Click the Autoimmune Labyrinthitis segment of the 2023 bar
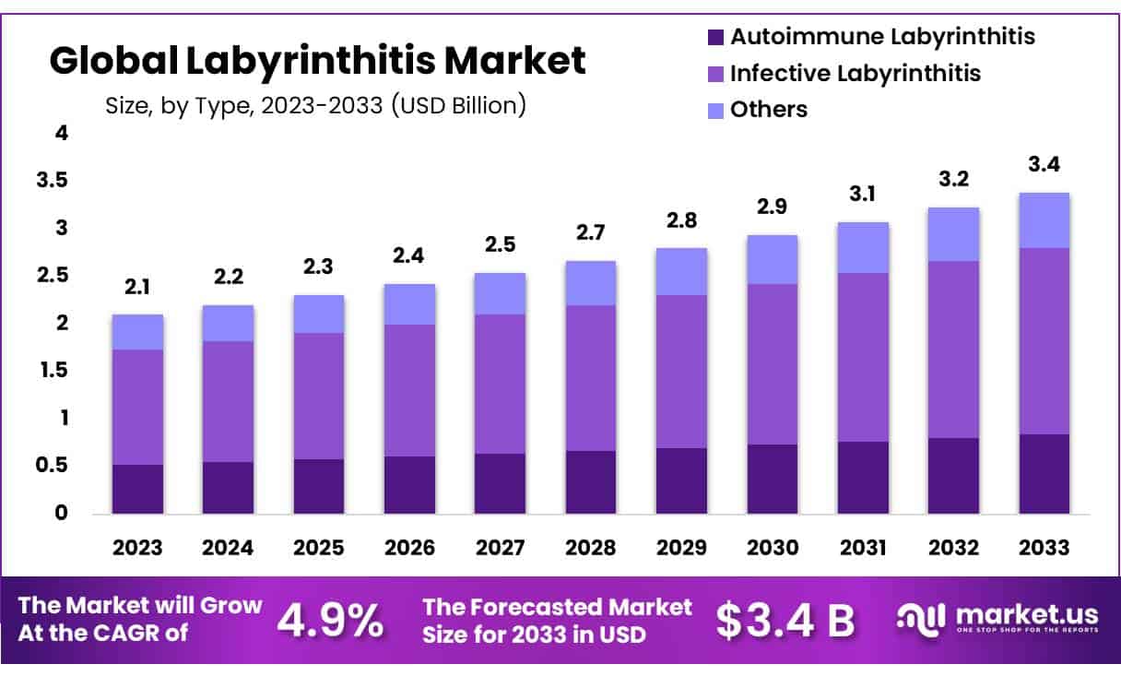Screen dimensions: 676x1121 137,489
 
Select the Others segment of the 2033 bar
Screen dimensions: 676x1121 1044,220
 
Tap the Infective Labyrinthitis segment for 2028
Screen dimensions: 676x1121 591,378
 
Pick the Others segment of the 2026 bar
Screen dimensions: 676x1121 409,304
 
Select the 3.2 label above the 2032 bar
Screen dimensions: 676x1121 953,179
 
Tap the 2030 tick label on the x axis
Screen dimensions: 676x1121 773,548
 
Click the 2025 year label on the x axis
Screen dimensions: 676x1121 319,548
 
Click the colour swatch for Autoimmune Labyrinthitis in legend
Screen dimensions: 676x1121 715,38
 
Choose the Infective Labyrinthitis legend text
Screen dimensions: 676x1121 855,73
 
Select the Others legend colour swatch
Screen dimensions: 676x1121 715,110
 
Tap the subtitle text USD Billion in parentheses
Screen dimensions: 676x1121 458,105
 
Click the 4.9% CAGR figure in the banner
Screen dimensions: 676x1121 330,621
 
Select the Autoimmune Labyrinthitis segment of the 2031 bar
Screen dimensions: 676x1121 863,478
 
